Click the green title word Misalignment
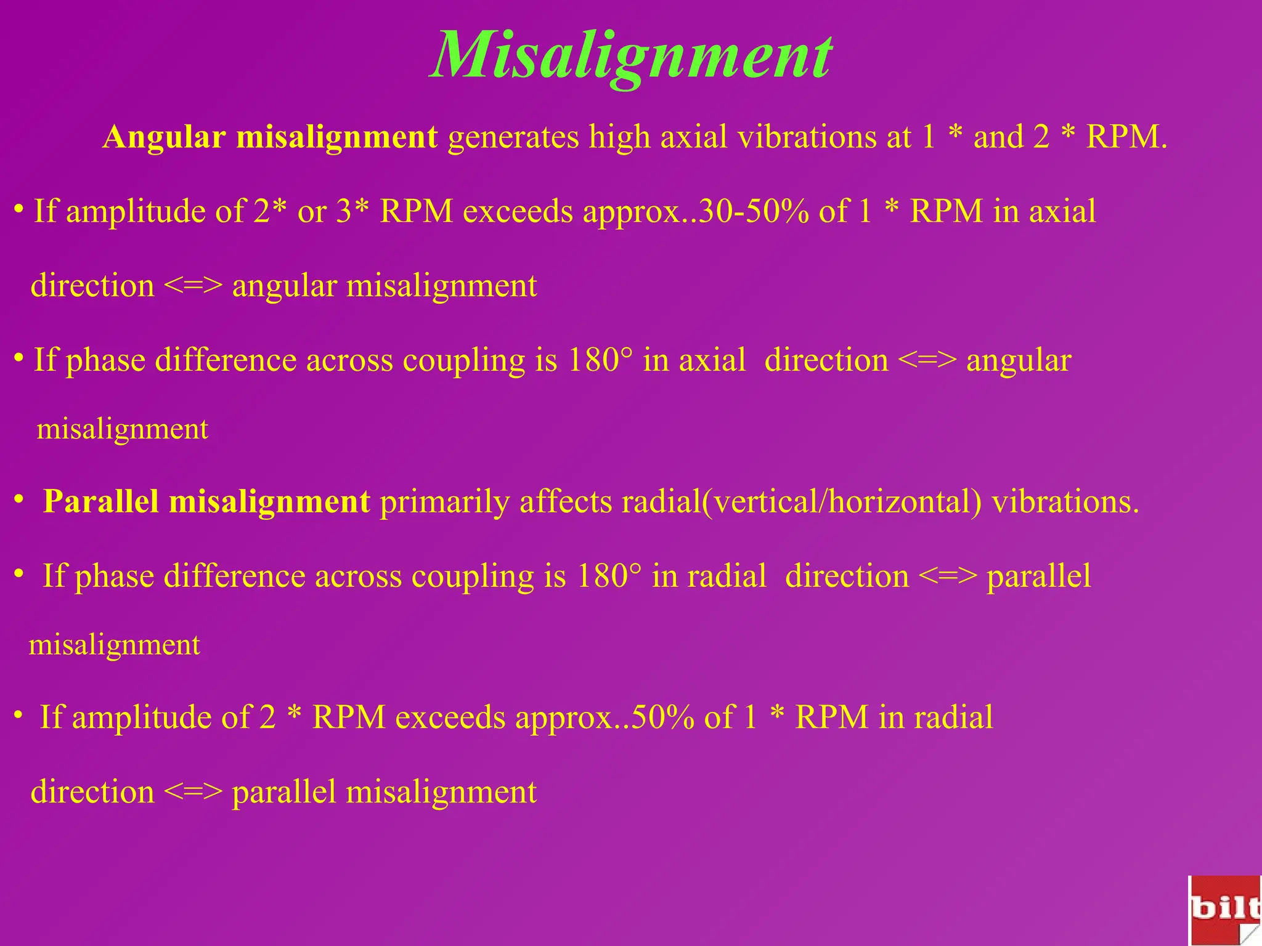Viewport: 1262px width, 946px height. (631, 57)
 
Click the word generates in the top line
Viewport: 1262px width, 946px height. (513, 137)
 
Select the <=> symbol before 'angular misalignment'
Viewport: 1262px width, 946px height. (193, 286)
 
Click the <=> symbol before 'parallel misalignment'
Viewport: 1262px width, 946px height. (193, 792)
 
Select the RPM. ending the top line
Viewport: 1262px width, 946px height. (1126, 137)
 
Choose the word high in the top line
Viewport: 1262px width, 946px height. (619, 137)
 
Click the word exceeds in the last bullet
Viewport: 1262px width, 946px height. (449, 718)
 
